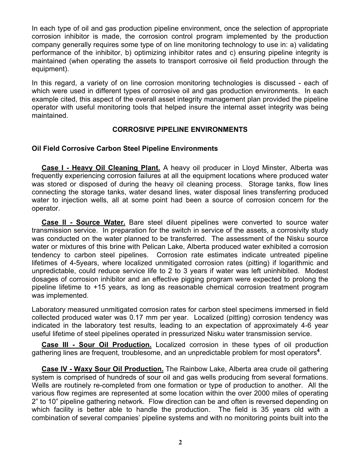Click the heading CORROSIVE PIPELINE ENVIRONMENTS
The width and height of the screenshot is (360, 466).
[180, 130]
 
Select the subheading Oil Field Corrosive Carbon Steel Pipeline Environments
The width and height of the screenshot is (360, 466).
[125, 149]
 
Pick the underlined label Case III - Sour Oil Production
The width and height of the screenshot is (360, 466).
[96, 345]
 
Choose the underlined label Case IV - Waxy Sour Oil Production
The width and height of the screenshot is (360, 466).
[102, 369]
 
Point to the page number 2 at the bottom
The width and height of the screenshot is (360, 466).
[180, 443]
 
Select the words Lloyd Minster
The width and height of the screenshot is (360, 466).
[261, 168]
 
